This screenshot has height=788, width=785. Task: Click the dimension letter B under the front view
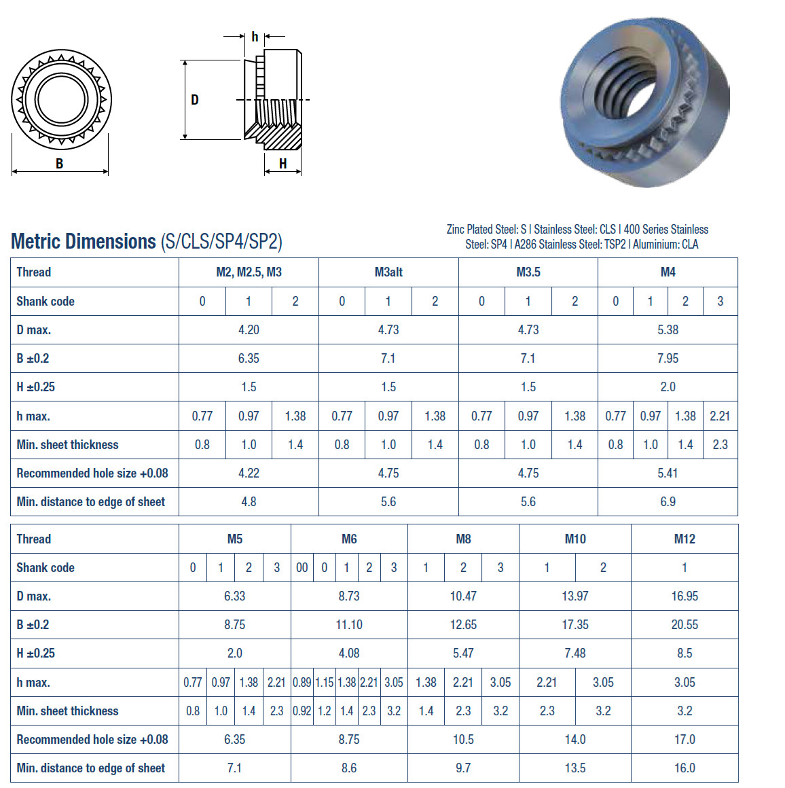pyautogui.click(x=60, y=164)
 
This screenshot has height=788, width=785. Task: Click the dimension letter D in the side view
pyautogui.click(x=195, y=100)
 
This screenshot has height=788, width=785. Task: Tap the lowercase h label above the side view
pyautogui.click(x=255, y=37)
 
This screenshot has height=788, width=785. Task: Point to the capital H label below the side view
pyautogui.click(x=282, y=164)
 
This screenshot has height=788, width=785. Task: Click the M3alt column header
pyautogui.click(x=388, y=272)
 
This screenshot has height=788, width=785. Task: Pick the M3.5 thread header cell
pyautogui.click(x=528, y=272)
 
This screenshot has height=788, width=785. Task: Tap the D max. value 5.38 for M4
pyautogui.click(x=668, y=330)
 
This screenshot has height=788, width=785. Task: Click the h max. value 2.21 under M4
pyautogui.click(x=720, y=416)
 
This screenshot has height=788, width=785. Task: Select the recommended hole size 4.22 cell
pyautogui.click(x=249, y=473)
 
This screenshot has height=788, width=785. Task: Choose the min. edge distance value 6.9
pyautogui.click(x=668, y=502)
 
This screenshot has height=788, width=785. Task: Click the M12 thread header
pyautogui.click(x=684, y=539)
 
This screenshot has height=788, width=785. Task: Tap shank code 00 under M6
pyautogui.click(x=302, y=568)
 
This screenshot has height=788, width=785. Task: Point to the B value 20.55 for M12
pyautogui.click(x=684, y=625)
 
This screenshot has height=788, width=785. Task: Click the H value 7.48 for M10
pyautogui.click(x=575, y=653)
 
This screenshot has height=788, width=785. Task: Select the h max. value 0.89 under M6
pyautogui.click(x=302, y=683)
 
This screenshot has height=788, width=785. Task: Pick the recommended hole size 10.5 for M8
pyautogui.click(x=463, y=740)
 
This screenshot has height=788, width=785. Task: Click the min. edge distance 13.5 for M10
pyautogui.click(x=575, y=768)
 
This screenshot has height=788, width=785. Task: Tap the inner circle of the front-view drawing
pyautogui.click(x=61, y=99)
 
